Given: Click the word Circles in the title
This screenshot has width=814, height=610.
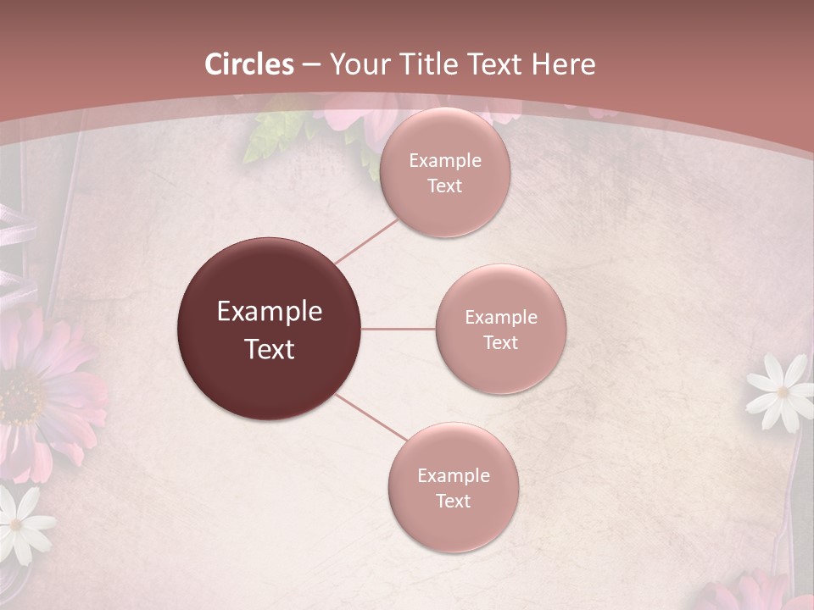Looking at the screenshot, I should click(x=249, y=64).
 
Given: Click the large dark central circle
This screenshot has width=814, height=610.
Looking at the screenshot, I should click(x=270, y=330).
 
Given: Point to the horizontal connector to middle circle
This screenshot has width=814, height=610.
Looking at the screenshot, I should click(x=399, y=329).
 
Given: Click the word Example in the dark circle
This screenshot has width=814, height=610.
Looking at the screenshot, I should click(x=270, y=312).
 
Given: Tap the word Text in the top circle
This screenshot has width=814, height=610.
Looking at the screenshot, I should click(x=444, y=186).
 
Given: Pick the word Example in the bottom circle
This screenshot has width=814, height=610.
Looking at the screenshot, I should click(x=453, y=476).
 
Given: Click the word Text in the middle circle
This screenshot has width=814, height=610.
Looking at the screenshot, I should click(x=500, y=343).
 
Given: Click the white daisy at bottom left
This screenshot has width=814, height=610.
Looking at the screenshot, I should click(x=19, y=521).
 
